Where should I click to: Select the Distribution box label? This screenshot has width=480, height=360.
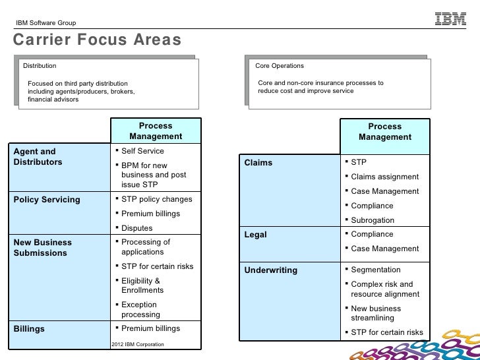[x=40, y=66]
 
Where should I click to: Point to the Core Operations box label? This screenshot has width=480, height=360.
[x=280, y=66]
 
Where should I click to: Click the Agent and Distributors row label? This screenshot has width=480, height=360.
[x=38, y=156]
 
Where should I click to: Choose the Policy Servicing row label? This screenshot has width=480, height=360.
[x=47, y=199]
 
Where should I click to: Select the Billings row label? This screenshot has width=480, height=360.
[x=29, y=328]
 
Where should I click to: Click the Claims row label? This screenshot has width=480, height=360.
[x=258, y=162]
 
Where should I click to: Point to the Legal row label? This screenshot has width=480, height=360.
[x=256, y=235]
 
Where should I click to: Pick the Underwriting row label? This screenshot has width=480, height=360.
[x=270, y=270]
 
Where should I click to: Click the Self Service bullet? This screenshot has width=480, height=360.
[x=142, y=151]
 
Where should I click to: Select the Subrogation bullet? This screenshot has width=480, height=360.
[x=373, y=220]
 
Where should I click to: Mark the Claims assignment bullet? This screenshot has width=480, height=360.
[x=384, y=177]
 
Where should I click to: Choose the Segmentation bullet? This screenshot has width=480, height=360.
[x=375, y=270]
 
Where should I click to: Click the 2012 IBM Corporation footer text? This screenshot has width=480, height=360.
[x=138, y=344]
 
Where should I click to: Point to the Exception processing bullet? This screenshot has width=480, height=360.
[x=139, y=310]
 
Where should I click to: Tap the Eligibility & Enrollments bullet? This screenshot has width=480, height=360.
[x=142, y=285]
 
